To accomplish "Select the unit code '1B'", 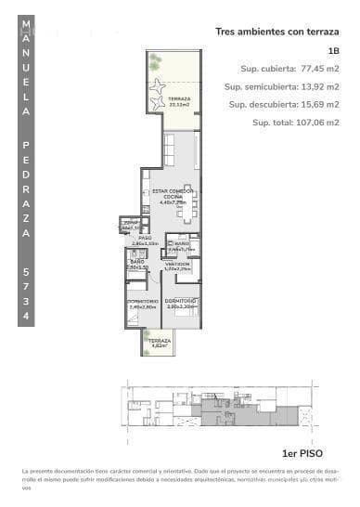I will click(x=333, y=51).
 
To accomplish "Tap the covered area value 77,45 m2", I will click(x=316, y=69).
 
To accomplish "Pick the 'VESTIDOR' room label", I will click(x=177, y=265).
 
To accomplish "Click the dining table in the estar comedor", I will click(x=188, y=212).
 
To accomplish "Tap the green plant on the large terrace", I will click(x=155, y=63).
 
